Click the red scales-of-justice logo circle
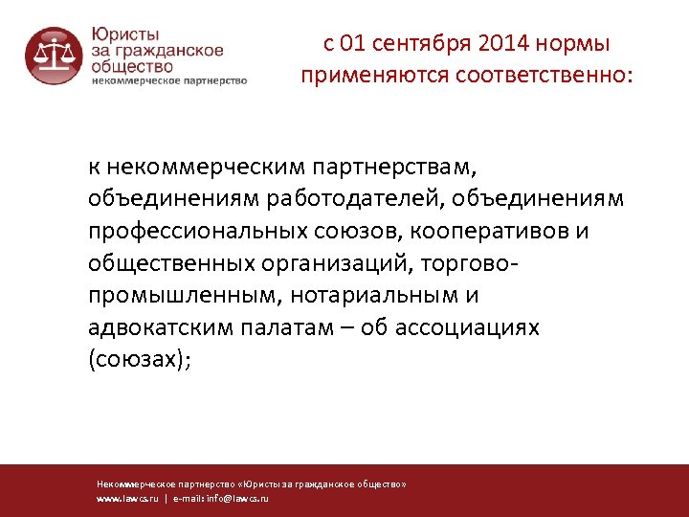tap(55, 56)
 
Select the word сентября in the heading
tap(423, 44)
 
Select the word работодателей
tap(358, 199)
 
